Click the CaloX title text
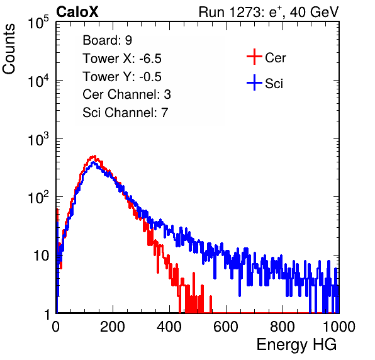pos(77,12)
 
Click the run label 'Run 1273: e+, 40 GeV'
pos(269,12)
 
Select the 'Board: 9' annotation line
pos(107,40)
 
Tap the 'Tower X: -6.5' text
pos(122,59)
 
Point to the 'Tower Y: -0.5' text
pos(122,77)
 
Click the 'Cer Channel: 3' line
pos(126,94)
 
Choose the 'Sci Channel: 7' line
pos(125,113)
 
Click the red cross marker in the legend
pos(254,57)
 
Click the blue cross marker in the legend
pos(254,83)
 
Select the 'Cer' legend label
pos(275,58)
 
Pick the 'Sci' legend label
pos(274,84)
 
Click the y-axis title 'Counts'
pos(9,49)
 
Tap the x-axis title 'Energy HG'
pos(296,345)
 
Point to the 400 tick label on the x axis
pos(169,327)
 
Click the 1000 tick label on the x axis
pos(339,327)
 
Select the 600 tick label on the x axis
pos(226,327)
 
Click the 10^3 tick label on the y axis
pos(38,139)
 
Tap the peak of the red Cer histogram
pos(95,156)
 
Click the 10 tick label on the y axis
pos(41,256)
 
